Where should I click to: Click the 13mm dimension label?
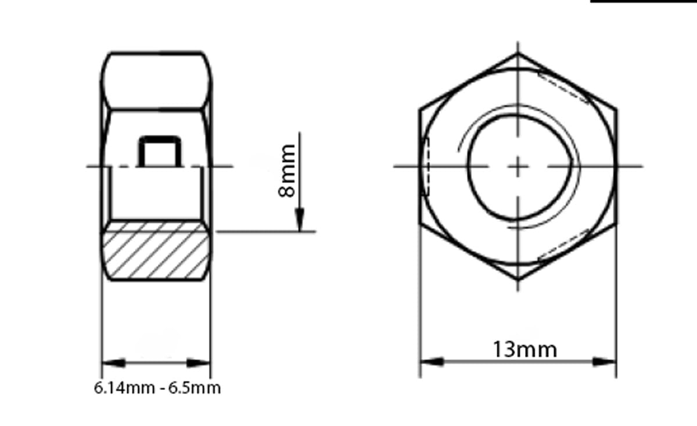525,349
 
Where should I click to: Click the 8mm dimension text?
286,171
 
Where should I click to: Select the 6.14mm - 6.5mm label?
157,388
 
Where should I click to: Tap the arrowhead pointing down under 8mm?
299,220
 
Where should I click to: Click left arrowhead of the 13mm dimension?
432,362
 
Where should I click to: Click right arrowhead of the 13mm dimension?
604,362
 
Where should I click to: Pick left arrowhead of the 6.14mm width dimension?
114,363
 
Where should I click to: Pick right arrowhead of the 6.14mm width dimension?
198,363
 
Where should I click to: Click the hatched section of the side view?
156,251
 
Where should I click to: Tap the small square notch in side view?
160,151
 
